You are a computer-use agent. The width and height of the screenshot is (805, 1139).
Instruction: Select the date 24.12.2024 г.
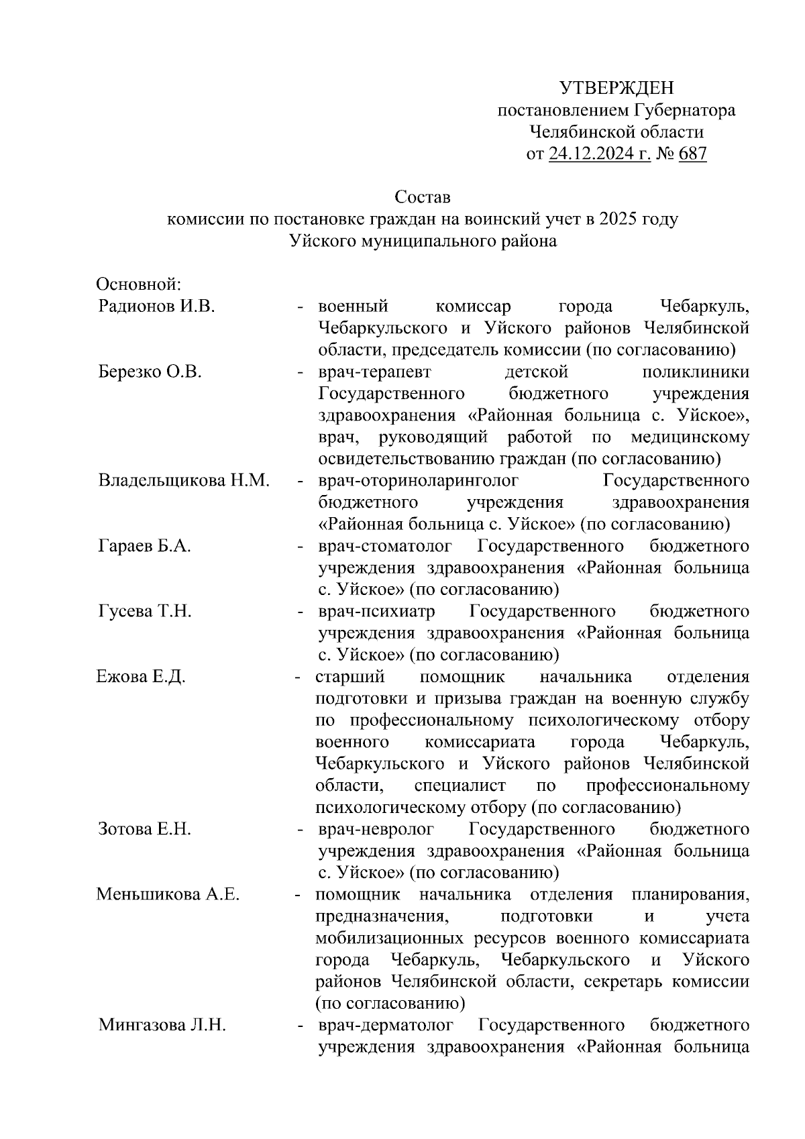click(x=600, y=154)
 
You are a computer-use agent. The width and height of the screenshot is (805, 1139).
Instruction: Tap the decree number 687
click(x=692, y=154)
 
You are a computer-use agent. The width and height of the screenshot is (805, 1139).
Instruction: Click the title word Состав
click(x=423, y=197)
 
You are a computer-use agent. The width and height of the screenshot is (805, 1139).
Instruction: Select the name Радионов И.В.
click(x=156, y=307)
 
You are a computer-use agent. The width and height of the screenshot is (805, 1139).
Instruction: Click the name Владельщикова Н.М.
click(x=184, y=481)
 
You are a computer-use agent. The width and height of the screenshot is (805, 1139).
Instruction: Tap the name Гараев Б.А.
click(x=145, y=547)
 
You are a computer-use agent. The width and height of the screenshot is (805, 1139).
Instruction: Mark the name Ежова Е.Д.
click(x=141, y=677)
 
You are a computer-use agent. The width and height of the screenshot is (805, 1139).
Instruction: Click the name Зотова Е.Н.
click(x=145, y=830)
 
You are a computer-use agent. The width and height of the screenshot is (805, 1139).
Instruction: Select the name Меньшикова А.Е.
click(x=168, y=895)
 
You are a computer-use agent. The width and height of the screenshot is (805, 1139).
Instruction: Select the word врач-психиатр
click(x=376, y=612)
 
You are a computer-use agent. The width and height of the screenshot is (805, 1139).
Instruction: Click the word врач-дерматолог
click(x=386, y=1026)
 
